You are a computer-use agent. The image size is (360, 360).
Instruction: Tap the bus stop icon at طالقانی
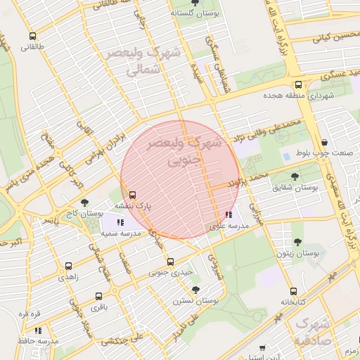point(32,37)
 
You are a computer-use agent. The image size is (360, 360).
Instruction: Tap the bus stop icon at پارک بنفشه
point(132,195)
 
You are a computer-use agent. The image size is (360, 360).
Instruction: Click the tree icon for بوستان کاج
point(85,202)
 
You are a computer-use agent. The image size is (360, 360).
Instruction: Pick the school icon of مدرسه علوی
point(228,215)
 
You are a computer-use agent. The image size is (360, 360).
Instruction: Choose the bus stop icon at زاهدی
point(68,266)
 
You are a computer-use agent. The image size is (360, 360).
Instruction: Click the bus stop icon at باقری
point(98,296)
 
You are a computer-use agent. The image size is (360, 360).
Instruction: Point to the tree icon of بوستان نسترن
point(195,289)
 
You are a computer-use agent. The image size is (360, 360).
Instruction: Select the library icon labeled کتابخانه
point(293,291)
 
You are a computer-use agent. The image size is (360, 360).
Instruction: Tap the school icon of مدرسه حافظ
point(39,330)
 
